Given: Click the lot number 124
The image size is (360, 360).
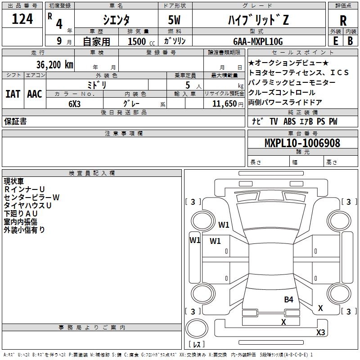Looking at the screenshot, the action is pos(22,19).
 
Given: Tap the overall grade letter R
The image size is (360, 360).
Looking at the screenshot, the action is pos(343,21).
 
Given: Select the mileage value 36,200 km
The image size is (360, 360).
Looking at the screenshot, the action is pos(54,65).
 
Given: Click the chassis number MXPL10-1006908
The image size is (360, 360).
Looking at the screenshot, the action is pos(302,143).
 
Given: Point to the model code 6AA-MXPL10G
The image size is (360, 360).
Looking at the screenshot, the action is pos(258,41).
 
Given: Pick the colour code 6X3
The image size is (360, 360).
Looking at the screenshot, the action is pos(74,104).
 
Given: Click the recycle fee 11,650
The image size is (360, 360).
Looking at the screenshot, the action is pos(225,104).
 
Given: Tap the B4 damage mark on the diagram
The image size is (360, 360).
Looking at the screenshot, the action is pos(288,300).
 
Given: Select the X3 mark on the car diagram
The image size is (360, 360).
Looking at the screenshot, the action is pos(320,332).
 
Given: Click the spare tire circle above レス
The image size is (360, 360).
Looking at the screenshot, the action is pos(197,328).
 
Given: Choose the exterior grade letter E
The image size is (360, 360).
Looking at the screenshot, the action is pos(336,41).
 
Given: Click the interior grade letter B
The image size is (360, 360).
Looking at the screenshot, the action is pos(350,41).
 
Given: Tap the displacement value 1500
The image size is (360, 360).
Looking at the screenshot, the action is pos(137,41).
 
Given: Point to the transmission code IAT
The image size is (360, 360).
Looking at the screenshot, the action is pos(13,94).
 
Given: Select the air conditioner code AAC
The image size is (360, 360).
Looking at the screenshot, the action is pos(35,94).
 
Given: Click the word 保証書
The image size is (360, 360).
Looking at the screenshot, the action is pos(15,121).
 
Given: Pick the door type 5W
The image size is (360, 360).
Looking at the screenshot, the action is pos(174,20).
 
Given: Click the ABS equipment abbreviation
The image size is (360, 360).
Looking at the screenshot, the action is pos(289,121).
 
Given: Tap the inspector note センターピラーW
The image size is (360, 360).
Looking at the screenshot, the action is pos(31,198).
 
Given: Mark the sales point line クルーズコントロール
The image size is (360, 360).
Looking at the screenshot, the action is pos(282,93).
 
